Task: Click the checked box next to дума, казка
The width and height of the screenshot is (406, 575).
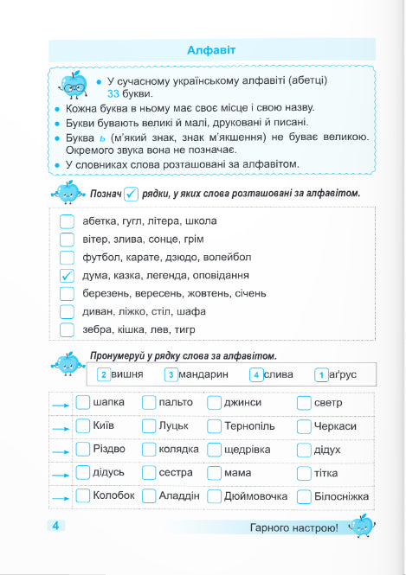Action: [68, 275]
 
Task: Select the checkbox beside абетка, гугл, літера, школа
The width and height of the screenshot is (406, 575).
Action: [68, 220]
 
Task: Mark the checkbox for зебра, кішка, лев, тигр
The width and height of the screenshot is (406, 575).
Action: [68, 329]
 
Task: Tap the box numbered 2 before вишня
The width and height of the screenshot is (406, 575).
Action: [104, 375]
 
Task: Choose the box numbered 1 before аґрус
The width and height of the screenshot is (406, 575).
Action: [321, 375]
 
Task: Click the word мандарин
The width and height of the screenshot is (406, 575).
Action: [206, 374]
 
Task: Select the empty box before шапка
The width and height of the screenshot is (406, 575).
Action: [82, 402]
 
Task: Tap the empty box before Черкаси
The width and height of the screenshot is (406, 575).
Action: [304, 426]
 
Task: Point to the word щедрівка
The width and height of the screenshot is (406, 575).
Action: [249, 450]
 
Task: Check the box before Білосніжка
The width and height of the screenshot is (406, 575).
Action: [304, 496]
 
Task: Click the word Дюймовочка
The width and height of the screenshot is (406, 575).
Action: [257, 496]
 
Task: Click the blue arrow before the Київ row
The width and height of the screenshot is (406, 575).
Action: [59, 427]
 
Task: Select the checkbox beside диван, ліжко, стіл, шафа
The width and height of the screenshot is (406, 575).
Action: [68, 311]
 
